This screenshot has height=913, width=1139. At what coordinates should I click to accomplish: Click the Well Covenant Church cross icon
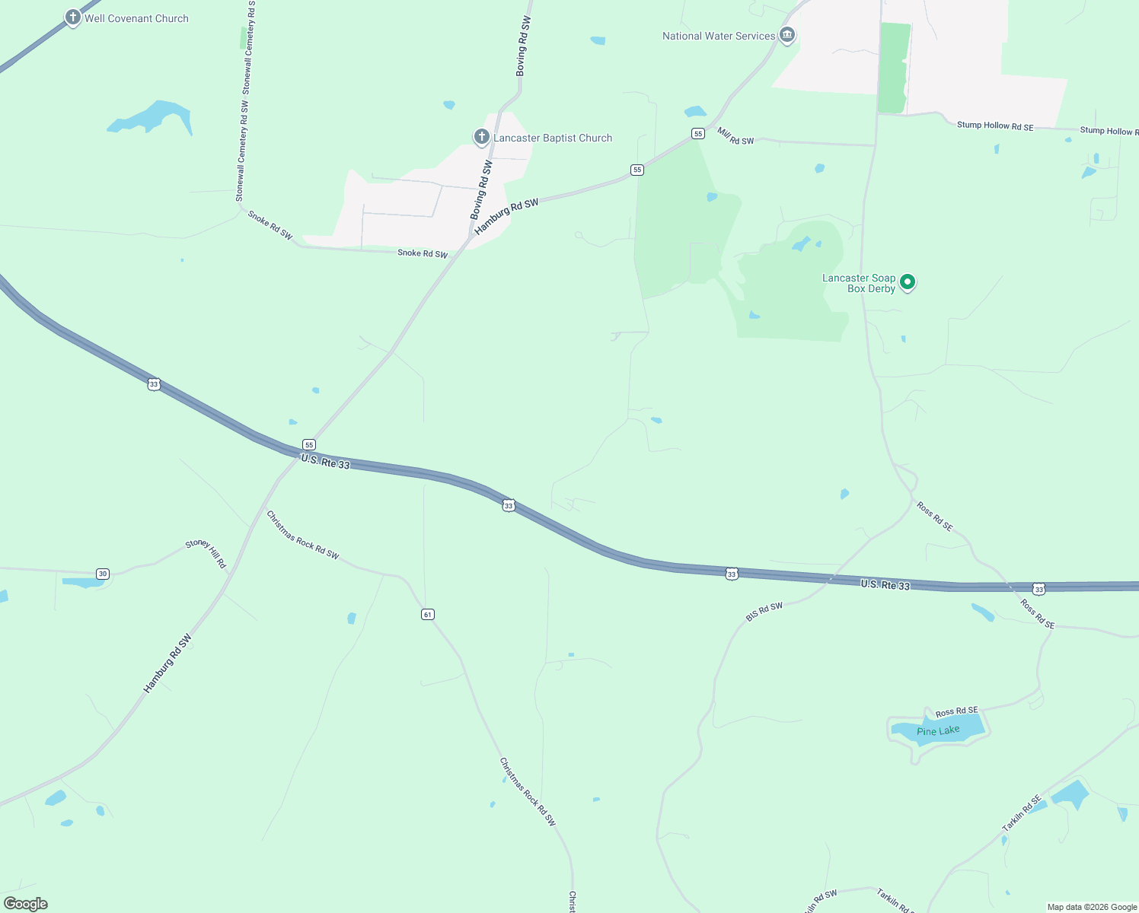[x=72, y=17]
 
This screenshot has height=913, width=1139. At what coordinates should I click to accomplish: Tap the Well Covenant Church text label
[x=136, y=18]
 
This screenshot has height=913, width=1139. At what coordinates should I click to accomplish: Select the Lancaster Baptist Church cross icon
[x=481, y=137]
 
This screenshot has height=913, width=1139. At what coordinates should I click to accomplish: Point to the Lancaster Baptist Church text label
[x=553, y=138]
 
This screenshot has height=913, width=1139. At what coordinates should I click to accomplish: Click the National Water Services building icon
[x=787, y=35]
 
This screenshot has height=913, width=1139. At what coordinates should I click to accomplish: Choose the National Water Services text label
[x=718, y=36]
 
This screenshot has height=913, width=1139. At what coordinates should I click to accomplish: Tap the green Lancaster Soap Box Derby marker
[x=907, y=282]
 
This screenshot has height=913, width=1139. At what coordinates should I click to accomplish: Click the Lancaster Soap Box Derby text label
[x=859, y=283]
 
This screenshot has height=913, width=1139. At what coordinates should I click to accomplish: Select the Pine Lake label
[x=938, y=731]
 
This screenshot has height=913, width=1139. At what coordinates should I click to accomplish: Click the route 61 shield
[x=428, y=614]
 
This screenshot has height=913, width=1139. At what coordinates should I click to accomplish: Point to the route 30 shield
[x=103, y=574]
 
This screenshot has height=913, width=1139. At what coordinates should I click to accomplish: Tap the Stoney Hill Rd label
[x=206, y=554]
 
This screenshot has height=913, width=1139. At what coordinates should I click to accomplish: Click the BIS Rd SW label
[x=764, y=612]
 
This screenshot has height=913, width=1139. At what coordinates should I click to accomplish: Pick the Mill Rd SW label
[x=735, y=136]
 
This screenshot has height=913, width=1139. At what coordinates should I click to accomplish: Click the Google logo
[x=26, y=904]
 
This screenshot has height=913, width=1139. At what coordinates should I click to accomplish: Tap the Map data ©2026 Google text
[x=1092, y=907]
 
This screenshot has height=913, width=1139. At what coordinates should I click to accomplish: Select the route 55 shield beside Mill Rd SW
[x=697, y=133]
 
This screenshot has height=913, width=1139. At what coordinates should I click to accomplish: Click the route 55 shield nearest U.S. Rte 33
[x=308, y=444]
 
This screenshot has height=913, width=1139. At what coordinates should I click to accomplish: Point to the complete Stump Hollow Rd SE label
[x=995, y=126]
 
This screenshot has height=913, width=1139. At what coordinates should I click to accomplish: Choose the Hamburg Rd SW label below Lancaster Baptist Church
[x=506, y=216]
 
